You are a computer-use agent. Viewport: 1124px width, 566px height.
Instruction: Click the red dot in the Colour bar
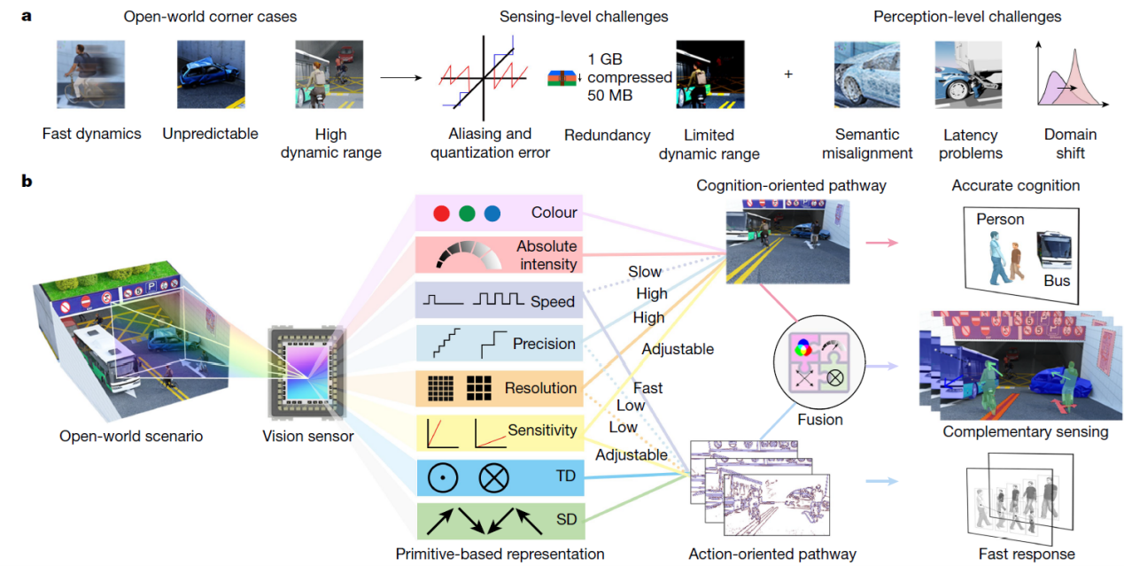point(441,213)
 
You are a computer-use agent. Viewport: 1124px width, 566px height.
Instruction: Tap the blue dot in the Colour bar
point(492,213)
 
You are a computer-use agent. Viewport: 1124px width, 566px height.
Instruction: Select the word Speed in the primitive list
point(553,301)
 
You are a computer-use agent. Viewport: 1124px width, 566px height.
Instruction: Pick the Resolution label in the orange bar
point(540,387)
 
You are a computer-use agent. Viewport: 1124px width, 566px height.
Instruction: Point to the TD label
point(565,477)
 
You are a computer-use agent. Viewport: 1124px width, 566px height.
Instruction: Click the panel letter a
point(27,16)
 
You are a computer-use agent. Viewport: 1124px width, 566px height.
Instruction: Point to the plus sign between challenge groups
point(787,74)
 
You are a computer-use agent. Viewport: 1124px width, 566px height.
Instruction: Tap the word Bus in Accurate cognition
point(1057,281)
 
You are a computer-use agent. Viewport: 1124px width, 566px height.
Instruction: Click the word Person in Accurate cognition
point(1000,219)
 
